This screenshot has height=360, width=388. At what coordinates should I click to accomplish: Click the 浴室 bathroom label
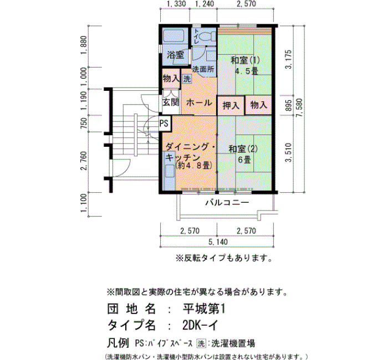tap(175, 54)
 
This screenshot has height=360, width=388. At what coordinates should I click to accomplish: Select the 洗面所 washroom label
tap(203, 69)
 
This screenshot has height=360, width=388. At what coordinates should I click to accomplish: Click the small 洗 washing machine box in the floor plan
tap(187, 79)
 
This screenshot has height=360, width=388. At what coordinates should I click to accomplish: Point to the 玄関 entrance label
tap(171, 102)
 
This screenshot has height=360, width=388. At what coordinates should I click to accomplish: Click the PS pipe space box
tap(164, 123)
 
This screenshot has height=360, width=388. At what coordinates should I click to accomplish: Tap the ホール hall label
tap(199, 102)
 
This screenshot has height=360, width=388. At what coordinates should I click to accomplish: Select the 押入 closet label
tap(231, 106)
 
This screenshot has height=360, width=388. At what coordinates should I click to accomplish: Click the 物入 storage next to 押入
tap(259, 105)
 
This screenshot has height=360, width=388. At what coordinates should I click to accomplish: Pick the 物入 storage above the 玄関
tap(171, 79)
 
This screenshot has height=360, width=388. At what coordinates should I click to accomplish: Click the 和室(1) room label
tap(245, 60)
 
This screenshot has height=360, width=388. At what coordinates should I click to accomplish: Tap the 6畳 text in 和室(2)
tap(244, 160)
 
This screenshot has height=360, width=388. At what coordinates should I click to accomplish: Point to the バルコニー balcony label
tap(227, 203)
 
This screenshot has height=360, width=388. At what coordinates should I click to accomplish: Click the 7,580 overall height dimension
tap(299, 109)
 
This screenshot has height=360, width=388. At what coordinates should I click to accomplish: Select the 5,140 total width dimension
tap(218, 241)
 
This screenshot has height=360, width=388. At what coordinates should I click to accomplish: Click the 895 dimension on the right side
tap(289, 105)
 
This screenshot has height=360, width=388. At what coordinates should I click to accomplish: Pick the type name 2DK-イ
tap(200, 326)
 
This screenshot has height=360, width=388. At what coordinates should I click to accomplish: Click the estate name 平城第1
tap(204, 309)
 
